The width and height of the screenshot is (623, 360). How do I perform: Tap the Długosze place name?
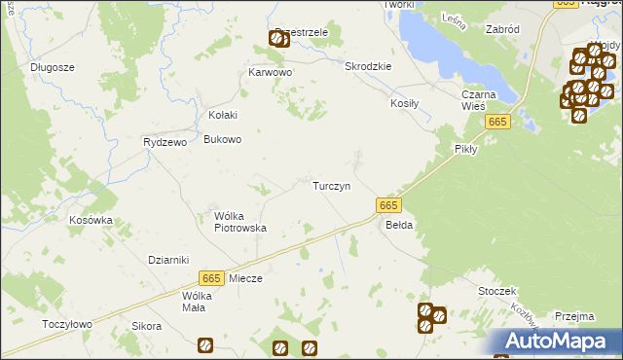click(53, 67)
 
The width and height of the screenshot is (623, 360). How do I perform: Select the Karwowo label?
click(271, 73)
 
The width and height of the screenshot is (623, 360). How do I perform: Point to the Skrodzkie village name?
click(368, 66)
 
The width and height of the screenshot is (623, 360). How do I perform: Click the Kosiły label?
click(404, 103)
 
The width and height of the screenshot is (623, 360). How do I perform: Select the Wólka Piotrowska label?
click(240, 222)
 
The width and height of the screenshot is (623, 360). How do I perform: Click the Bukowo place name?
click(222, 139)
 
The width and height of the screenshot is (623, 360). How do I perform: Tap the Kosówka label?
click(91, 220)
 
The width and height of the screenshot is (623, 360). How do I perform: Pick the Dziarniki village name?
click(167, 260)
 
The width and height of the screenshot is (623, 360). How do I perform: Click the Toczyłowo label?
click(67, 324)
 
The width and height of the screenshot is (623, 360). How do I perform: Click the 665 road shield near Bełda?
click(387, 204)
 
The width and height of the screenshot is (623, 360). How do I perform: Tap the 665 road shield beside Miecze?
click(211, 277)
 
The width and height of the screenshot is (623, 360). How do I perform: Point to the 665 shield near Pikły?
click(497, 121)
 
